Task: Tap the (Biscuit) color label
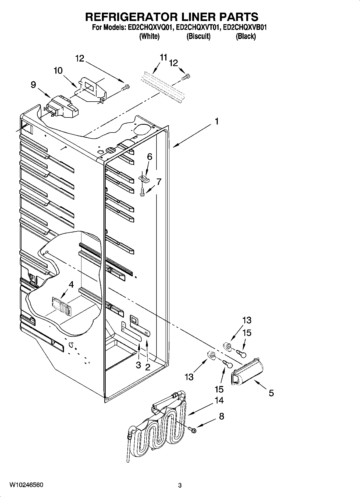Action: (x=198, y=36)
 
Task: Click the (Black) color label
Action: (x=245, y=36)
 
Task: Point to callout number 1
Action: (x=216, y=121)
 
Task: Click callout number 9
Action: (x=33, y=85)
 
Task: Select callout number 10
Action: (x=58, y=71)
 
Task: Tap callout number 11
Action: (x=163, y=57)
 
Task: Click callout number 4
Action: (x=71, y=284)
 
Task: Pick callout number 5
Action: (x=271, y=393)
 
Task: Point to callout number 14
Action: (x=219, y=400)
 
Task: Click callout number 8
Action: (x=222, y=416)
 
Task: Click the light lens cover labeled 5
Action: (x=247, y=374)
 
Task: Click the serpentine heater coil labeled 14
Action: (x=159, y=427)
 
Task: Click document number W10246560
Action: (x=26, y=485)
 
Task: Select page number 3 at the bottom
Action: (x=180, y=485)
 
